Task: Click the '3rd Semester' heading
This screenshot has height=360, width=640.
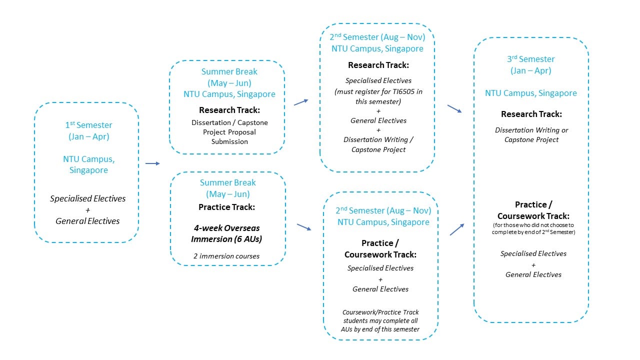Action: [x=530, y=59]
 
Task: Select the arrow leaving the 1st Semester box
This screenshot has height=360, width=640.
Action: [x=152, y=163]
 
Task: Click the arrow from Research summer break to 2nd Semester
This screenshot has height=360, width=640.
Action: [x=300, y=102]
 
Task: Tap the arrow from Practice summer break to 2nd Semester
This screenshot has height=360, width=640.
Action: [x=303, y=227]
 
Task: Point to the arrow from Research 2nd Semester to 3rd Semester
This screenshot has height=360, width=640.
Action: [x=454, y=108]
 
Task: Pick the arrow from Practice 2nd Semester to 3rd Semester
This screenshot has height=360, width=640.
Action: [x=457, y=229]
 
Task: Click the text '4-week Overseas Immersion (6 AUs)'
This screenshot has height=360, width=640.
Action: [x=226, y=233]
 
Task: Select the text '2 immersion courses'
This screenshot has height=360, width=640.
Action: [x=226, y=256]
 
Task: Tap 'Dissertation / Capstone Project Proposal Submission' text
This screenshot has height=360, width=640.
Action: [x=229, y=132]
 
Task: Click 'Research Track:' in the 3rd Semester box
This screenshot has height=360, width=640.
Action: [x=531, y=114]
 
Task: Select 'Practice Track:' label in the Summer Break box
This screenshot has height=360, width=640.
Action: [x=227, y=206]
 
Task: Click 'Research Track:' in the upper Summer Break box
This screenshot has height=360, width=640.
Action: [x=229, y=110]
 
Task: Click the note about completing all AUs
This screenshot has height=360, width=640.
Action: [x=380, y=320]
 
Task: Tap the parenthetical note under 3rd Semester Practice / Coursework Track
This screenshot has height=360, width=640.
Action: [x=533, y=228]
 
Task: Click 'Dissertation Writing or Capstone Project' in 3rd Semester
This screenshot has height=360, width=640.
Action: [x=531, y=134]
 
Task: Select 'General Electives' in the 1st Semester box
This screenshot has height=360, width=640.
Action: [x=87, y=220]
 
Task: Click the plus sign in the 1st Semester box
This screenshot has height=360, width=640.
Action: [x=87, y=209]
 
